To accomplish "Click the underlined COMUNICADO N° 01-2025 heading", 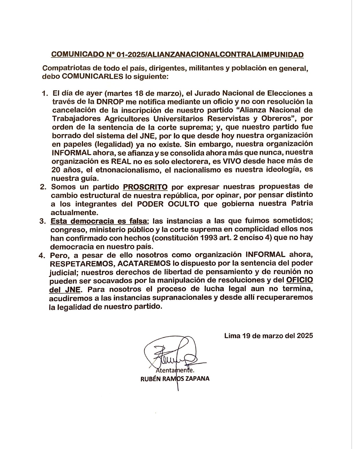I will [177, 55].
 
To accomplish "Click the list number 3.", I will [43, 221].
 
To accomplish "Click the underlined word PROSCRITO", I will [145, 187].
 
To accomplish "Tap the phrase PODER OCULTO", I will [168, 204].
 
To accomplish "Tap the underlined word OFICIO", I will [299, 280].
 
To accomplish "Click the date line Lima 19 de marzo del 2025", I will [268, 336].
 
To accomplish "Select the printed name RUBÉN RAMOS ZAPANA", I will [175, 379].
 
